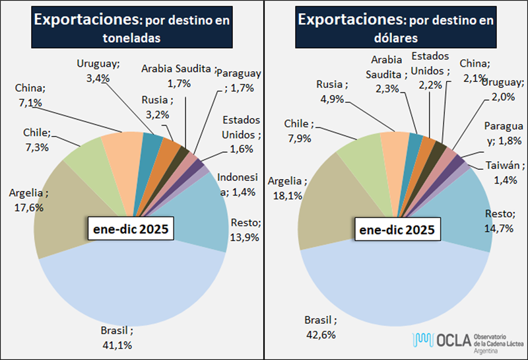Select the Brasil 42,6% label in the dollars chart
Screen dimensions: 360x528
(x=321, y=327)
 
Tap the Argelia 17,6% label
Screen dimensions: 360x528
(x=29, y=200)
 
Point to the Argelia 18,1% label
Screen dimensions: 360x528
(x=288, y=188)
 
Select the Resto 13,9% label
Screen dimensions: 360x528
(x=244, y=229)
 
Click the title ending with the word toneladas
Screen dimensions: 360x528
(x=131, y=29)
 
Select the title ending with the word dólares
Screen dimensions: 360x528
(x=395, y=28)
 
